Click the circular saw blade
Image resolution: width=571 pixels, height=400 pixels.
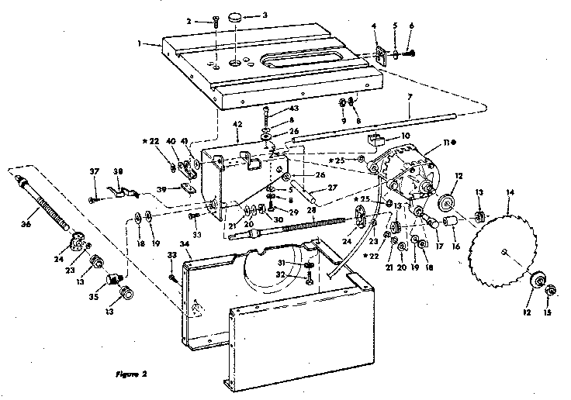[x=504, y=250]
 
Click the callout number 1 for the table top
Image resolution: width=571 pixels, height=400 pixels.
[x=139, y=45]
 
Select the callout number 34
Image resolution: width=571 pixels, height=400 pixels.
[x=185, y=244]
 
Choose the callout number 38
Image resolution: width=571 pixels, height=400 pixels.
[x=118, y=172]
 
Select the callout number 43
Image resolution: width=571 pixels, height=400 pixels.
[x=273, y=108]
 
